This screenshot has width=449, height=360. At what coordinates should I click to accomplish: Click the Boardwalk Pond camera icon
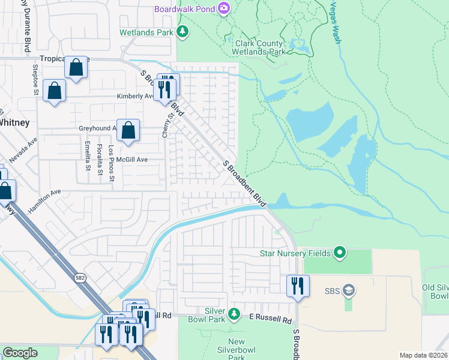224,8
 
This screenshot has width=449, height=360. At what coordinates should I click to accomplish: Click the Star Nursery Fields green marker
340,253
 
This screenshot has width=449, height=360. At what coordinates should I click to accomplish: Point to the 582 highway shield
80,278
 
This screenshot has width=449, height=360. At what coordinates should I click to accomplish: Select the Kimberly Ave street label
134,96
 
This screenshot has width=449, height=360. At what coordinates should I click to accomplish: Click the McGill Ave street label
131,160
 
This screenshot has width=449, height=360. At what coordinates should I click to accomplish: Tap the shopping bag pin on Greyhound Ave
128,130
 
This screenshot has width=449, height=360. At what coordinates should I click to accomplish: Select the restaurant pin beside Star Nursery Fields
298,287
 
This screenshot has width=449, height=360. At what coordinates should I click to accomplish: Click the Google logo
20,353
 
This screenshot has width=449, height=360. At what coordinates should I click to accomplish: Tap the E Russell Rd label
270,320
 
